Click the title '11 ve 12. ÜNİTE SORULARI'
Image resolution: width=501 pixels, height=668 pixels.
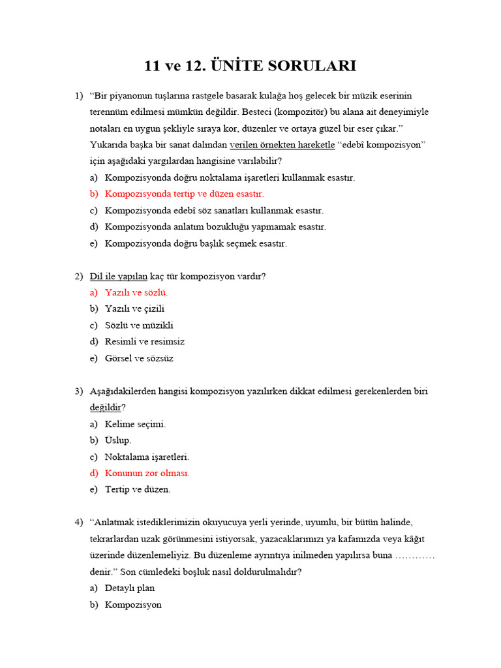pyautogui.click(x=250, y=66)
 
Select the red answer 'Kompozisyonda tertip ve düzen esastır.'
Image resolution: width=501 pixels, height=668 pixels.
pyautogui.click(x=184, y=194)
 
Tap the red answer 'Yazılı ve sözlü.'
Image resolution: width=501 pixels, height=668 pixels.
pyautogui.click(x=136, y=292)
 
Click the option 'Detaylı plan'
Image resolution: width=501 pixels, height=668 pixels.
pyautogui.click(x=130, y=588)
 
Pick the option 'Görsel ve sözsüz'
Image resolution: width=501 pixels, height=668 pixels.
pyautogui.click(x=139, y=358)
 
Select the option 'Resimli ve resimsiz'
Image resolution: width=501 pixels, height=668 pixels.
pyautogui.click(x=144, y=341)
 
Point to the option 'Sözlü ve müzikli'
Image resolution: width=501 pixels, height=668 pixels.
pyautogui.click(x=139, y=325)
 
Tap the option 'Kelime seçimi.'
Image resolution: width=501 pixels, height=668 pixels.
pyautogui.click(x=135, y=424)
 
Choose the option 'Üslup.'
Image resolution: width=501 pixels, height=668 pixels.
pyautogui.click(x=118, y=440)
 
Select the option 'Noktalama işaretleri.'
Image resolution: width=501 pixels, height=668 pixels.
pyautogui.click(x=147, y=457)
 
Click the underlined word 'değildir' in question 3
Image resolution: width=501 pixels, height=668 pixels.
pyautogui.click(x=105, y=408)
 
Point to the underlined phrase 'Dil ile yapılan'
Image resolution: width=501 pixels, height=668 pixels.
pyautogui.click(x=119, y=276)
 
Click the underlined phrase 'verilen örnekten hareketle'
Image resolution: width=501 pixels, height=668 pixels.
pyautogui.click(x=282, y=145)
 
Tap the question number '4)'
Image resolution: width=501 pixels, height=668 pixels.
pyautogui.click(x=79, y=523)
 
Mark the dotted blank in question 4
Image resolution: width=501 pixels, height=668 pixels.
pyautogui.click(x=415, y=555)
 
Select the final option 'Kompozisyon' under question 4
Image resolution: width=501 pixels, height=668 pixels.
pyautogui.click(x=133, y=605)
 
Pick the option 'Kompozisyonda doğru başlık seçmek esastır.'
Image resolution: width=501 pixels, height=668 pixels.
pyautogui.click(x=196, y=243)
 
